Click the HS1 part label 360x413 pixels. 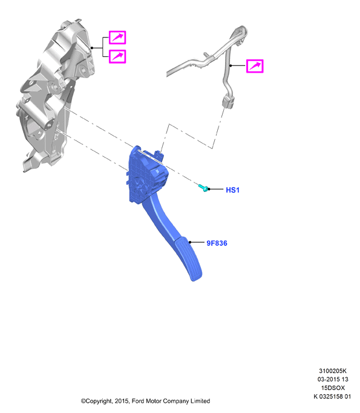point(232,190)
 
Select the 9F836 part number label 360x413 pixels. point(217,243)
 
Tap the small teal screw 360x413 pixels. point(203,188)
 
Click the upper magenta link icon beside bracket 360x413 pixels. point(117,38)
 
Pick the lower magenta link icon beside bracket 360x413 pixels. point(117,56)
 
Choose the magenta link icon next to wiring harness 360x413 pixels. point(255,66)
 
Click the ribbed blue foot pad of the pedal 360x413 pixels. point(188,258)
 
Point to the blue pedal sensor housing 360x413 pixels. point(148,174)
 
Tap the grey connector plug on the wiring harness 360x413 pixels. point(228,101)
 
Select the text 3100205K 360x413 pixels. point(333,371)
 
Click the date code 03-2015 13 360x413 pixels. point(333,379)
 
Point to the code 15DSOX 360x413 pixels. point(333,388)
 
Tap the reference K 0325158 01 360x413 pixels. point(332,396)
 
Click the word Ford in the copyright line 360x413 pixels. point(137,401)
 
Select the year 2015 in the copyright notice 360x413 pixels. point(122,401)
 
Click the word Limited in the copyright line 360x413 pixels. point(200,401)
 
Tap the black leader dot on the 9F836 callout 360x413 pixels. point(190,242)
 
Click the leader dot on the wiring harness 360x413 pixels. point(231,65)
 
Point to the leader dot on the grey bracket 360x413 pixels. point(91,48)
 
